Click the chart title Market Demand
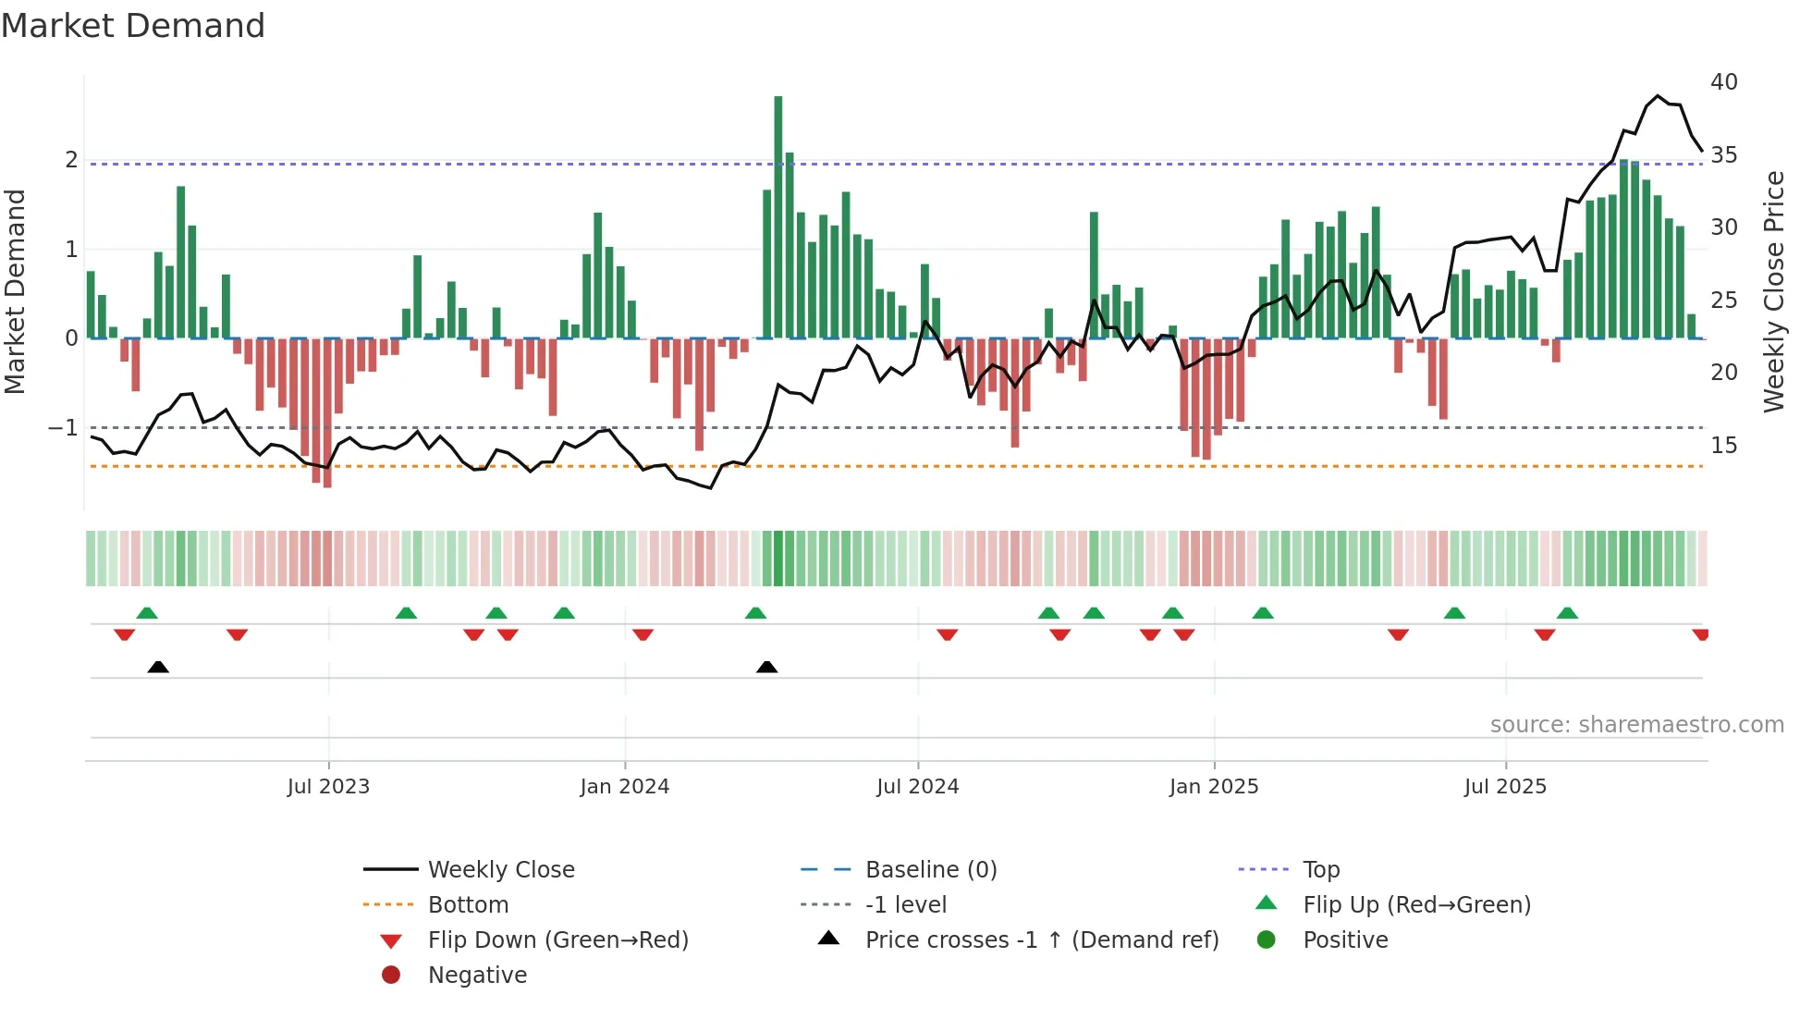coord(133,26)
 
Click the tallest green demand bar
coord(778,217)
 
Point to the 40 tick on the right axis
coord(1724,82)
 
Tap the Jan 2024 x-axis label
coord(625,787)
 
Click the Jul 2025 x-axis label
coord(1505,787)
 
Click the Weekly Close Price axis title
coord(1773,292)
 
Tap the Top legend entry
coord(1321,870)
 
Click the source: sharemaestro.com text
coord(1636,725)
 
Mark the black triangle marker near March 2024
coord(766,667)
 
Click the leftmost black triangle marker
coord(158,667)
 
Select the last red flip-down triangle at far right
coord(1700,634)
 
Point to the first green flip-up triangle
coord(147,613)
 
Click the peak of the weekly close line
coord(1658,96)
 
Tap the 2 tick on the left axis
coord(71,160)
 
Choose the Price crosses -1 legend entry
coord(1042,940)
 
